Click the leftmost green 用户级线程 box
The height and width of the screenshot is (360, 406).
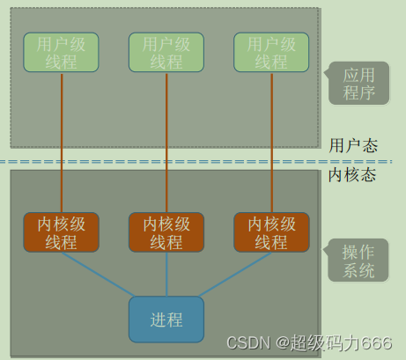pyautogui.click(x=62, y=53)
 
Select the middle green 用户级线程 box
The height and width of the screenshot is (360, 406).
pyautogui.click(x=166, y=53)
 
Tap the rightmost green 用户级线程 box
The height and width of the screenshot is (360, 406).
pyautogui.click(x=271, y=53)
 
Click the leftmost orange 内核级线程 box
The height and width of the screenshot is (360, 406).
pyautogui.click(x=62, y=232)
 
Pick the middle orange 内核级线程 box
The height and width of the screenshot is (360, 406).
pyautogui.click(x=166, y=232)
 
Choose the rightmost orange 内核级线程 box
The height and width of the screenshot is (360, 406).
pyautogui.click(x=271, y=232)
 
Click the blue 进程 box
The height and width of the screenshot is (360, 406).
pyautogui.click(x=166, y=318)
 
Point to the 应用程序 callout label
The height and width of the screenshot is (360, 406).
pyautogui.click(x=358, y=84)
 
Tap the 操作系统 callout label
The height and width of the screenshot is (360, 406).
pyautogui.click(x=358, y=261)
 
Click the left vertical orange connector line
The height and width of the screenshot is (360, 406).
pyautogui.click(x=62, y=141)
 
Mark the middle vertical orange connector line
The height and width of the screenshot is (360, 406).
pyautogui.click(x=166, y=141)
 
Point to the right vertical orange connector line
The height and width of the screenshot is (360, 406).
pyautogui.click(x=271, y=141)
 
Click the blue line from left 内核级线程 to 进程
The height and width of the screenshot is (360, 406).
pyautogui.click(x=97, y=274)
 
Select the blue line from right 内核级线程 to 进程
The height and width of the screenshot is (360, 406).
pyautogui.click(x=236, y=274)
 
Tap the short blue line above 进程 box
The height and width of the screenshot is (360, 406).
pyautogui.click(x=166, y=275)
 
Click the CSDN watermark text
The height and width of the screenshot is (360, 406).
pyautogui.click(x=246, y=343)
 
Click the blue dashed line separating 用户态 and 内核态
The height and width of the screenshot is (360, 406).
pyautogui.click(x=176, y=163)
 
